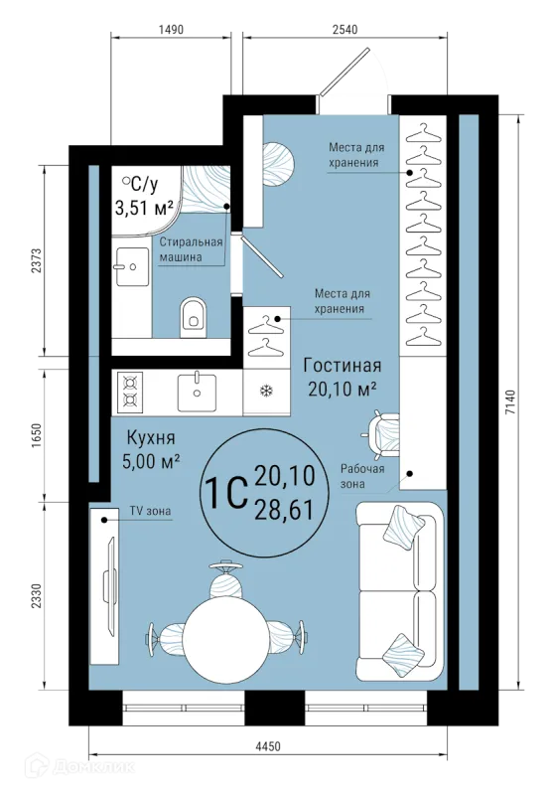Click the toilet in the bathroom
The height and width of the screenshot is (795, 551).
[193, 317]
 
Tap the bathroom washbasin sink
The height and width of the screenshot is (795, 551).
[132, 266]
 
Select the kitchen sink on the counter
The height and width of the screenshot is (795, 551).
[197, 392]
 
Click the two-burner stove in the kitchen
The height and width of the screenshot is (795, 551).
[130, 391]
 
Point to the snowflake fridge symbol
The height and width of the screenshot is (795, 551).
[266, 391]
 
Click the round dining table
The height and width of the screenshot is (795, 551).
[226, 640]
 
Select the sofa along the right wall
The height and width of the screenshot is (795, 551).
[399, 591]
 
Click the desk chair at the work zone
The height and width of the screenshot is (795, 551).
[382, 432]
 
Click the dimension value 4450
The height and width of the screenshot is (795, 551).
[267, 746]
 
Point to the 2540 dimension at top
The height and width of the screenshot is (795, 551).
[344, 30]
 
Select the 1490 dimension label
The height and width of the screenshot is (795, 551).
[171, 30]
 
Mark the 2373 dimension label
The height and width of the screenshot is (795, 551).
[36, 261]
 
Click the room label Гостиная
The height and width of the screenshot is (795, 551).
[343, 365]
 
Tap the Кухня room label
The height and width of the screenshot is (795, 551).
[151, 437]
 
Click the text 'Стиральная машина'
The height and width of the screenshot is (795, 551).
[191, 249]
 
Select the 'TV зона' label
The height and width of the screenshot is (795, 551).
[151, 511]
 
